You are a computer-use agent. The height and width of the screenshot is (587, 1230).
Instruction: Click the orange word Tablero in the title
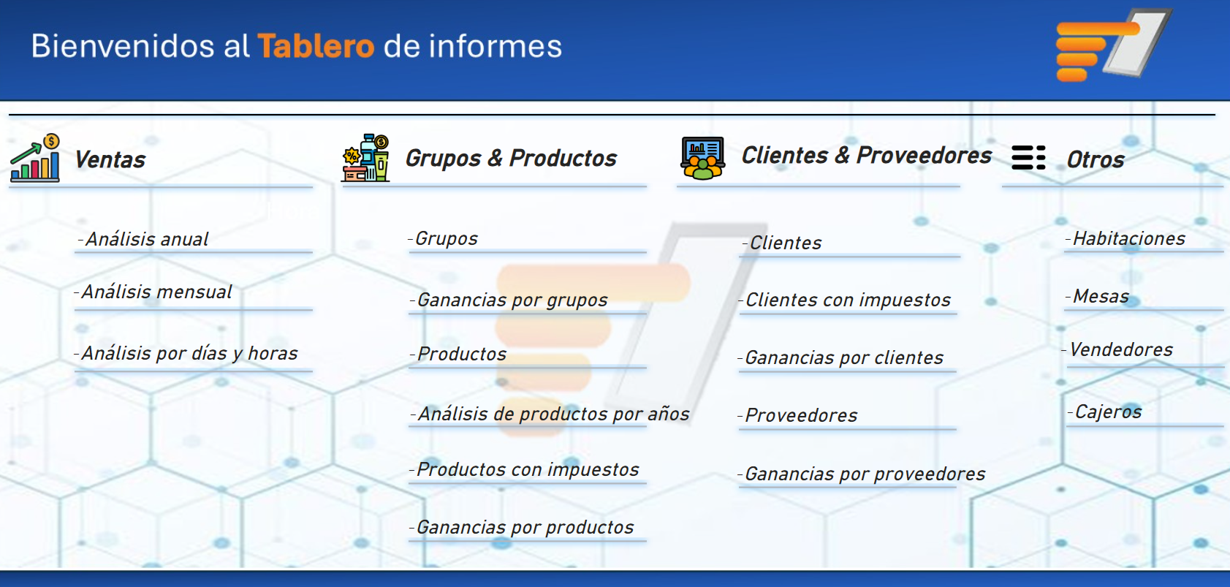click(x=316, y=45)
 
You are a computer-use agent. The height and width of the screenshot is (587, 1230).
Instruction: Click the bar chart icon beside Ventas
click(x=35, y=158)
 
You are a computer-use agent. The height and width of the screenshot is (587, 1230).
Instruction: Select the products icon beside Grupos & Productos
click(x=365, y=158)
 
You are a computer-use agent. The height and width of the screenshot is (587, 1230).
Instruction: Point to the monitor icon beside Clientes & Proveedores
click(x=703, y=158)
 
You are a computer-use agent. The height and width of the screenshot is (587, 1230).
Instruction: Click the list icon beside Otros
click(x=1028, y=158)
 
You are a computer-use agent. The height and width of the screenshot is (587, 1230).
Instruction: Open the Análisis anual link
click(x=143, y=240)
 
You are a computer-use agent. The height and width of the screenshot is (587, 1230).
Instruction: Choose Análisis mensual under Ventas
click(x=153, y=292)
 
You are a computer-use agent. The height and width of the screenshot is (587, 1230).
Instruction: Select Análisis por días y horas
click(x=186, y=353)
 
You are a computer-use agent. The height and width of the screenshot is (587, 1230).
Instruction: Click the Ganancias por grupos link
click(x=509, y=300)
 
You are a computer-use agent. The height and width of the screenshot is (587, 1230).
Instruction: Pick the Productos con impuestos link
click(x=525, y=469)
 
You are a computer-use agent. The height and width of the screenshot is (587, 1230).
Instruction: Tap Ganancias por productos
click(x=523, y=527)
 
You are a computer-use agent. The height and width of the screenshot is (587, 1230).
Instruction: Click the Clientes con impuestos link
click(x=845, y=300)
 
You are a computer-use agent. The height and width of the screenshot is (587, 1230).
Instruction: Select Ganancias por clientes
click(x=840, y=357)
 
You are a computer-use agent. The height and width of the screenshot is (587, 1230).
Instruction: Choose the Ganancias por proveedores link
click(x=862, y=474)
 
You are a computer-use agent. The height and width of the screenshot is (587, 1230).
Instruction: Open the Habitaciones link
click(x=1125, y=238)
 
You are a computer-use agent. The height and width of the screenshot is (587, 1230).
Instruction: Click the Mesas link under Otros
click(x=1097, y=296)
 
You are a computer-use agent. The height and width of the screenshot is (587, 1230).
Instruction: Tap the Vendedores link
click(x=1117, y=349)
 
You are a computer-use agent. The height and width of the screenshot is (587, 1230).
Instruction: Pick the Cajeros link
click(x=1105, y=412)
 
